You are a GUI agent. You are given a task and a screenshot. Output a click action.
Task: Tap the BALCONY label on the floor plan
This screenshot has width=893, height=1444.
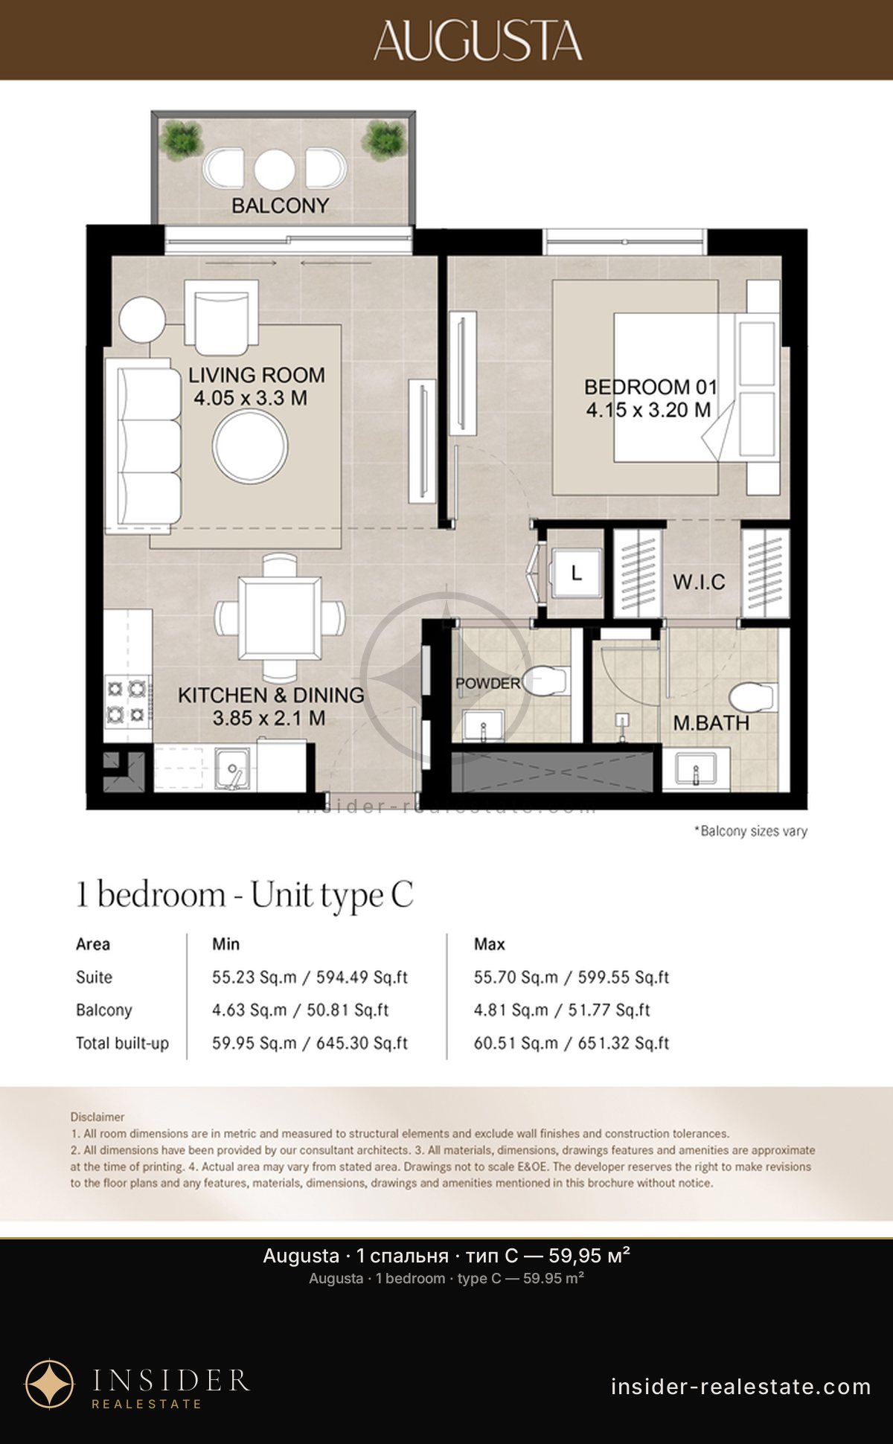(280, 205)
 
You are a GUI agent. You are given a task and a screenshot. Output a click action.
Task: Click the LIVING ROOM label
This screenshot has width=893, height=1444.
(257, 375)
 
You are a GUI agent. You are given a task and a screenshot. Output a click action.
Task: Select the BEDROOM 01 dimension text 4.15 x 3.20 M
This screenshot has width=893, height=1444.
(648, 410)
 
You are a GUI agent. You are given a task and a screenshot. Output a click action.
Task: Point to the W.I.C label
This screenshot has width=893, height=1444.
(699, 582)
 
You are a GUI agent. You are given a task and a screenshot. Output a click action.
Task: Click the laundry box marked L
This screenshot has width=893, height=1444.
(575, 573)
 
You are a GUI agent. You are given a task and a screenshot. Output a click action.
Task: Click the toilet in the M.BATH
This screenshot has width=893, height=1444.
(753, 698)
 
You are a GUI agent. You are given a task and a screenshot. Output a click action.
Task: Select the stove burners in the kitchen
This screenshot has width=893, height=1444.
(127, 701)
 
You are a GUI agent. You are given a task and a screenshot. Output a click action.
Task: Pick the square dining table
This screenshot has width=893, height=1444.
(280, 619)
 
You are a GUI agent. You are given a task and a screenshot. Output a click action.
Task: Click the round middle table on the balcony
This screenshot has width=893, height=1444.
(275, 170)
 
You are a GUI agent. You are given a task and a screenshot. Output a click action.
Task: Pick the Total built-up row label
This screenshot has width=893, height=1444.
(122, 1043)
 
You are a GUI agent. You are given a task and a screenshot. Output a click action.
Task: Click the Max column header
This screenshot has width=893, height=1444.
(490, 944)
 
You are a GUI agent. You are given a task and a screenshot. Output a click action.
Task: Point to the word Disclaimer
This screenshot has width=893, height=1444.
(97, 1117)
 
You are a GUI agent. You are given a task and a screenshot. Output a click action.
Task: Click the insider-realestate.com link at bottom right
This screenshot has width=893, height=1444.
(741, 1387)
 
